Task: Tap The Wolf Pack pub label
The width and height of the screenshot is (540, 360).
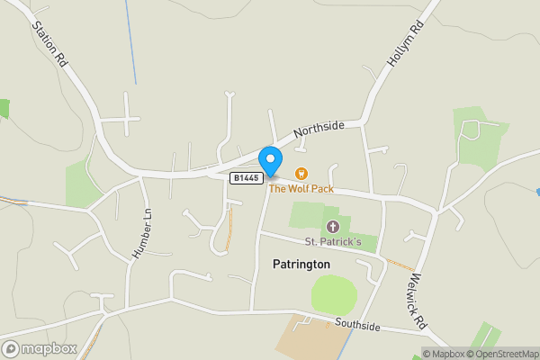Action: (301, 189)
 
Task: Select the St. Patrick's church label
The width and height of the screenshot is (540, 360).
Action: (332, 241)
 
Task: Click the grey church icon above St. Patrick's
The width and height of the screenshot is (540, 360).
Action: (332, 226)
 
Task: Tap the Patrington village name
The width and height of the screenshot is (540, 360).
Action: (301, 265)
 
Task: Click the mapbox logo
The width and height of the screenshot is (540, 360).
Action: (39, 348)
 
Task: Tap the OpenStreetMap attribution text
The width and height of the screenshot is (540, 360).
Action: (503, 353)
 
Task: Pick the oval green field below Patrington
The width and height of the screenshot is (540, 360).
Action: (334, 294)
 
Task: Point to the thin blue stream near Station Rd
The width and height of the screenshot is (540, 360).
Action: (131, 45)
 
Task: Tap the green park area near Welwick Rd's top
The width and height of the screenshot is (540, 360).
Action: (478, 139)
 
